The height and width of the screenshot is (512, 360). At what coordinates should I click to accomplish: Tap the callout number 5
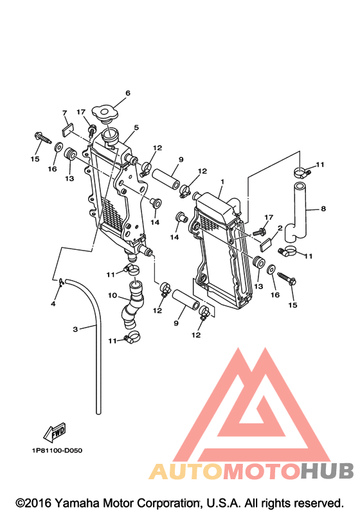[136, 127]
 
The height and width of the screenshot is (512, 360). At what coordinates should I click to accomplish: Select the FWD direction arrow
[55, 432]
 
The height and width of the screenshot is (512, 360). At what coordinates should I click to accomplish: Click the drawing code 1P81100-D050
[57, 450]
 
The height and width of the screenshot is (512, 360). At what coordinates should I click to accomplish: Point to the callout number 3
[75, 329]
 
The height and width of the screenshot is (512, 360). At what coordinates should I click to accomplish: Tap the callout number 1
[222, 181]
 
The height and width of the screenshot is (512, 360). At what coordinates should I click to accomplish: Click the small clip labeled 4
[61, 283]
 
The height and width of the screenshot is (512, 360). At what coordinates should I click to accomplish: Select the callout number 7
[64, 113]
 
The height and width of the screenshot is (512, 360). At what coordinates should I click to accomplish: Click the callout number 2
[280, 228]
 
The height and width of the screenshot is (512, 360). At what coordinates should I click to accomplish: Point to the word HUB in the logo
[327, 471]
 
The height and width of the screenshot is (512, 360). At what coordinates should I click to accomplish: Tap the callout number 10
[113, 296]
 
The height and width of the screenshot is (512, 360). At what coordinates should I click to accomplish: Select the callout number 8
[323, 208]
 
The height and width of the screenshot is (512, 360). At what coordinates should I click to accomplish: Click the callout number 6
[128, 93]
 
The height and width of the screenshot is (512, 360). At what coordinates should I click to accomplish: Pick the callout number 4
[53, 304]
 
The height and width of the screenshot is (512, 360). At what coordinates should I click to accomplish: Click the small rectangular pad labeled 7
[67, 130]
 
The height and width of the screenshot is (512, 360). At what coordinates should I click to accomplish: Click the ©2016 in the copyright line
[33, 503]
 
